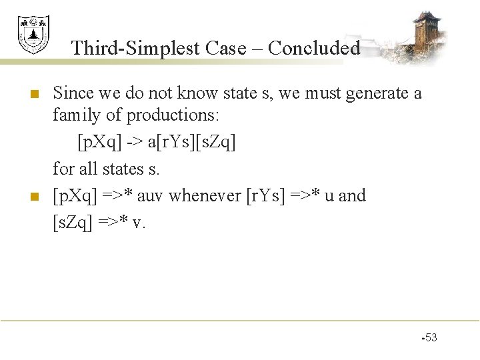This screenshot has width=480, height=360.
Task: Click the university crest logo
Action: point(33,35)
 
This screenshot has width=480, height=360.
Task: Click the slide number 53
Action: point(431,337)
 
